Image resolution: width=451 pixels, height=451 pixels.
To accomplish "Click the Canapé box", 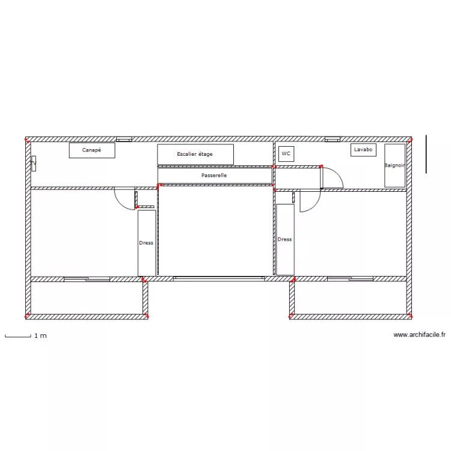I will click(91, 150).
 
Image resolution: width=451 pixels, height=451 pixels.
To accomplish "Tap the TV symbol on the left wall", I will click(34, 163).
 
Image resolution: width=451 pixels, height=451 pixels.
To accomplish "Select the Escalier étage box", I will click(195, 155).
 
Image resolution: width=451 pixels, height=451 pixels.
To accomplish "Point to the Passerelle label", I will click(214, 176).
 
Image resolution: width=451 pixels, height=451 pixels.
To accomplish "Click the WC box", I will click(286, 153).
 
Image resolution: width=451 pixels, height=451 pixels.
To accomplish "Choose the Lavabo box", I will click(363, 150).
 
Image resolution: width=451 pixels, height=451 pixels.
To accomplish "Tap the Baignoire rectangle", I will click(394, 165).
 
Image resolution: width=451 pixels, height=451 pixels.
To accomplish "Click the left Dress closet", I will click(147, 243).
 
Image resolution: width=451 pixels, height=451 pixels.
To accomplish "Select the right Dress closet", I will click(285, 239).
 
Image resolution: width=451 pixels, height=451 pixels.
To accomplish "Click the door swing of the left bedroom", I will click(124, 199).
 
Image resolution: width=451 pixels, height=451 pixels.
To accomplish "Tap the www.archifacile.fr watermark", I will click(420, 335).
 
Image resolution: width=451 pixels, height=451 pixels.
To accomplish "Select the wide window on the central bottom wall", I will click(219, 278).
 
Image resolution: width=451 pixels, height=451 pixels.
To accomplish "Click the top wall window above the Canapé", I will click(124, 140).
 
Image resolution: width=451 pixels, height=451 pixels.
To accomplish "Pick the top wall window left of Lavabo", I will click(333, 140).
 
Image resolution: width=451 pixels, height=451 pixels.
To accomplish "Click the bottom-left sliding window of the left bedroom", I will click(87, 279).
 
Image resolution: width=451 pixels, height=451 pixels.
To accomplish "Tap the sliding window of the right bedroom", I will click(350, 279).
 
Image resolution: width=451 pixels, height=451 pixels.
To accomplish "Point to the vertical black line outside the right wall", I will click(426, 155).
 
